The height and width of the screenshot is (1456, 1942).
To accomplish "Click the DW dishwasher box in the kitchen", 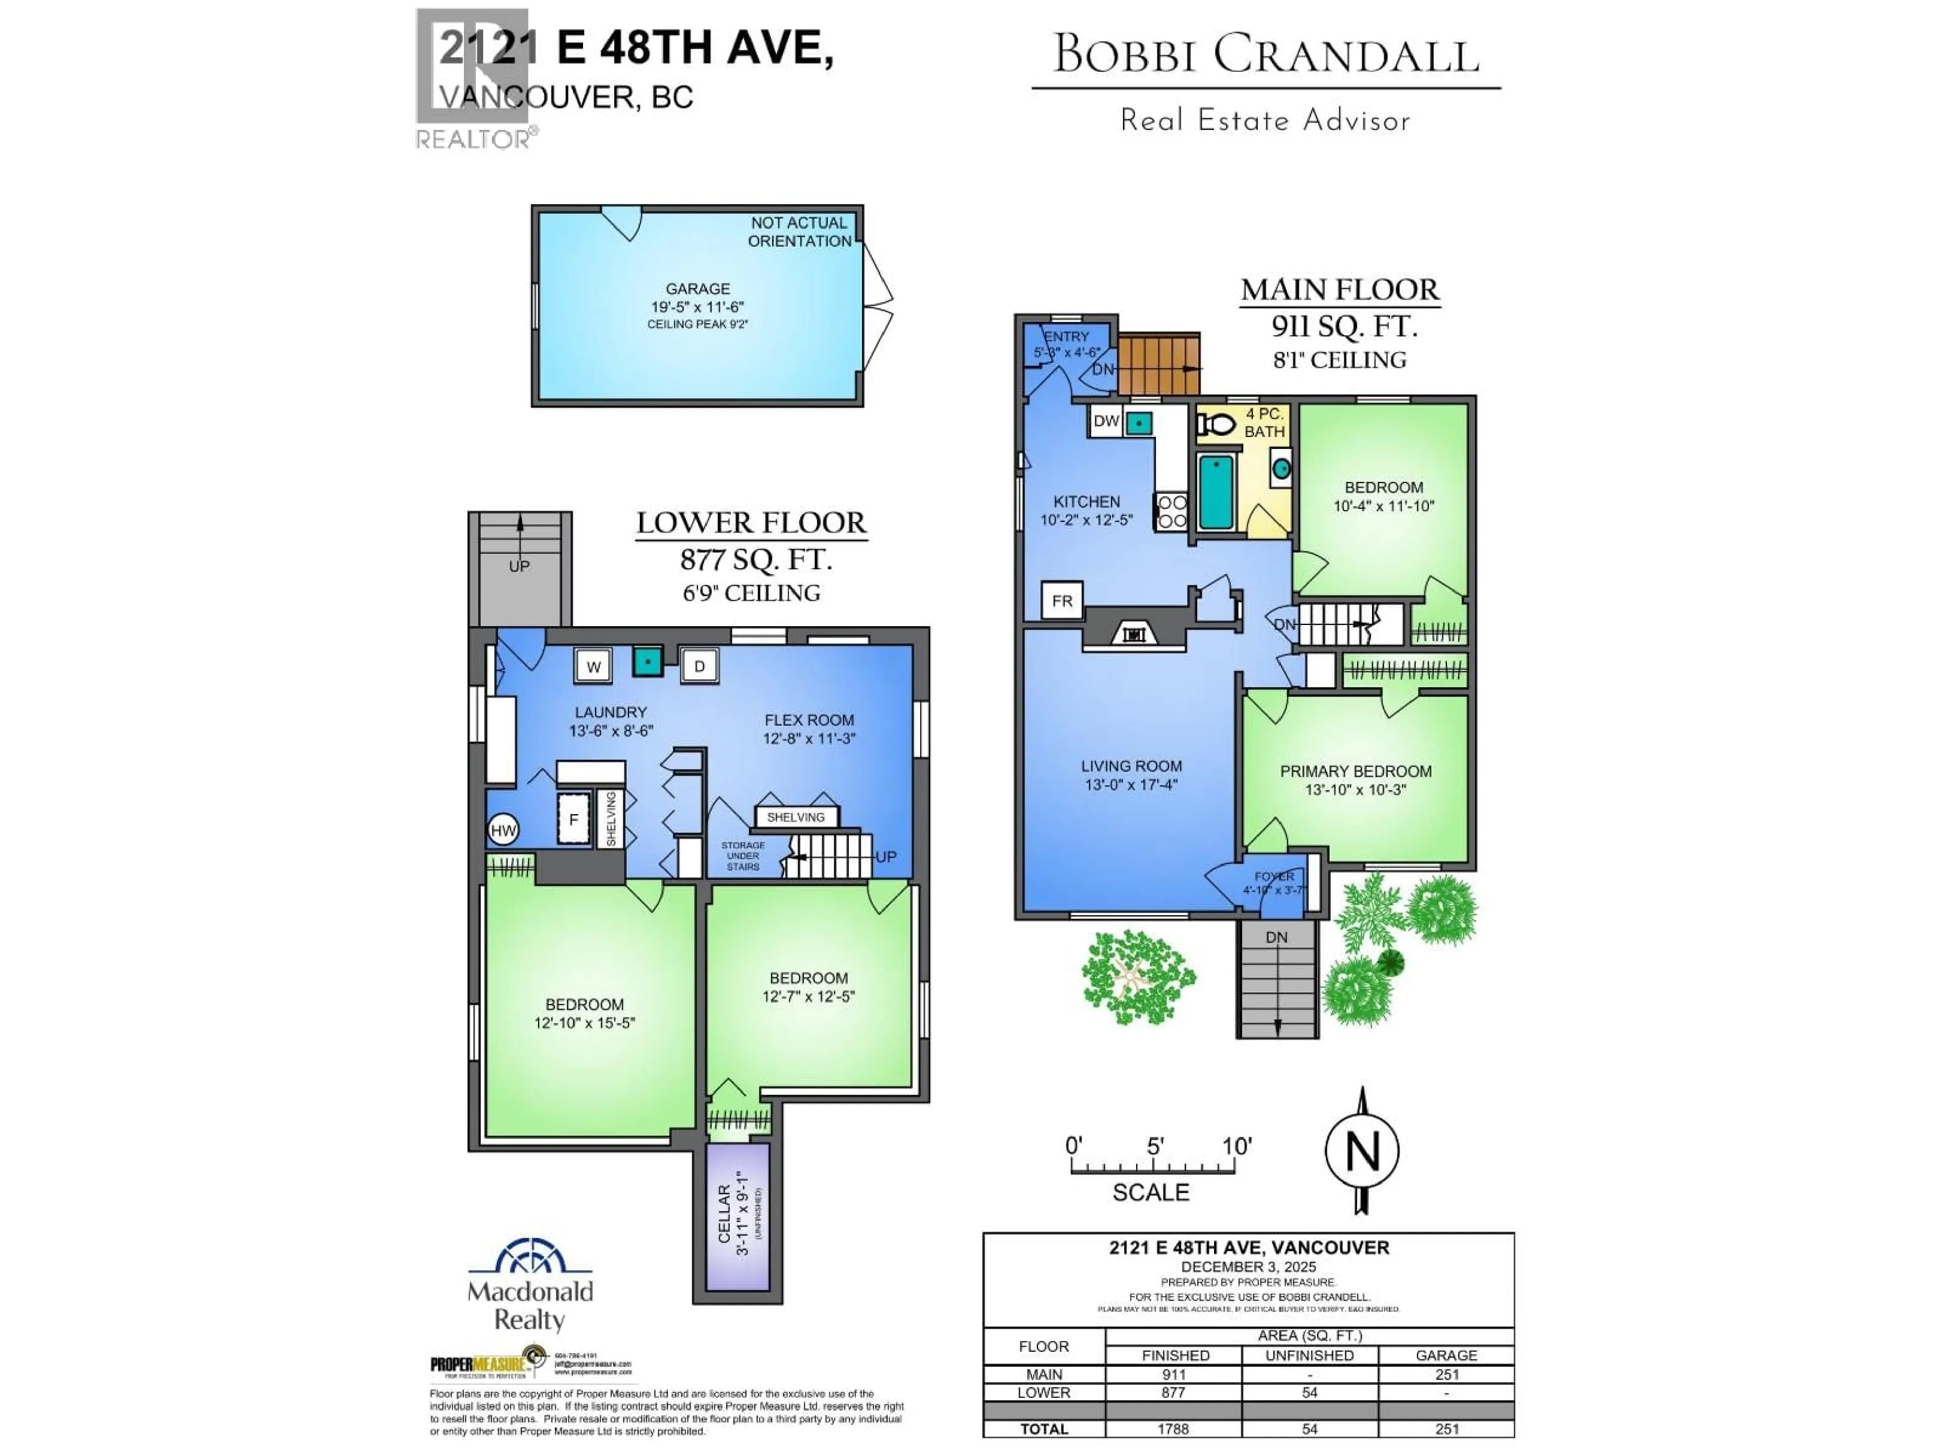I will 1106,421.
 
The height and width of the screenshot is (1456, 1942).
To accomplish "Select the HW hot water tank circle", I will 503,830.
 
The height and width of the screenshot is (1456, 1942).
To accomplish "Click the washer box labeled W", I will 594,666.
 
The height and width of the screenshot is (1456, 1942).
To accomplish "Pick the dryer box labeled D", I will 700,666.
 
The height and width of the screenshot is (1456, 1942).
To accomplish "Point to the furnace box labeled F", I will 573,819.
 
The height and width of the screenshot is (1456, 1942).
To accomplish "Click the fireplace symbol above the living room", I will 1134,633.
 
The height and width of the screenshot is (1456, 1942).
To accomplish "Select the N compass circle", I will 1362,1151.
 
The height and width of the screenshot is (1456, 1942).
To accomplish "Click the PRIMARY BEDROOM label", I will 1355,771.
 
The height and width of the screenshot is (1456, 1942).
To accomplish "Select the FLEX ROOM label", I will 808,720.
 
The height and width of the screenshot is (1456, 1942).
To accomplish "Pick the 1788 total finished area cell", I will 1173,1429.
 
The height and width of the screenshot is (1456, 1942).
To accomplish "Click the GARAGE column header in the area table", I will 1446,1355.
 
